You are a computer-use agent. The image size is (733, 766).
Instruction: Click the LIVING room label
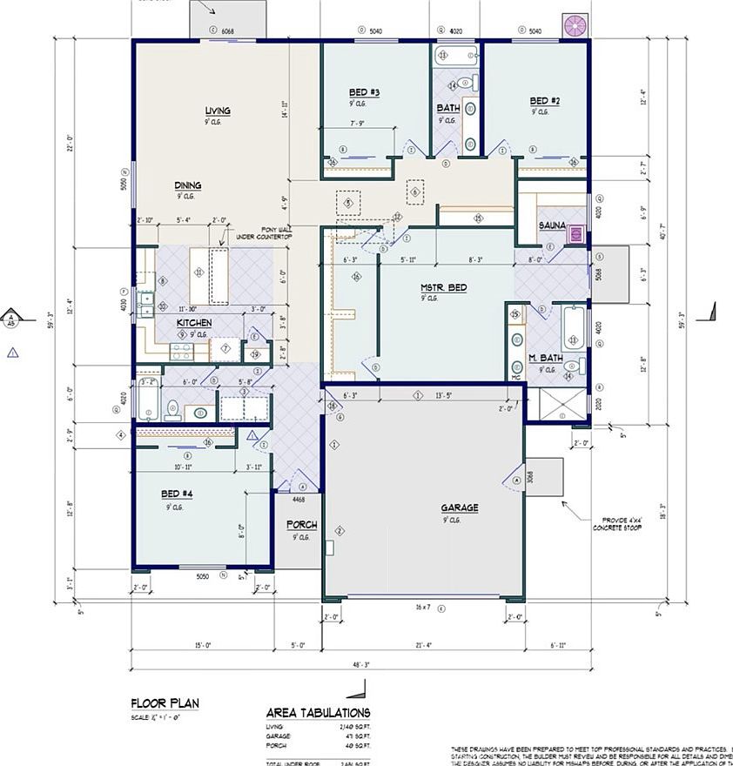click(x=218, y=111)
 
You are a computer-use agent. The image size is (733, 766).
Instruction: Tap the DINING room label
click(x=188, y=185)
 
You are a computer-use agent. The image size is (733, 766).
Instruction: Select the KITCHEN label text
click(x=194, y=323)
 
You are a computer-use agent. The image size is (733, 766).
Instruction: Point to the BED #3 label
click(x=364, y=92)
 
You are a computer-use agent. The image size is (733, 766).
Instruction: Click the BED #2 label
click(x=545, y=101)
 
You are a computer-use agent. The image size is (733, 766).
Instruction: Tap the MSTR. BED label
click(x=443, y=287)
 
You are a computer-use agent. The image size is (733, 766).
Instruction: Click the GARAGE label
click(x=459, y=508)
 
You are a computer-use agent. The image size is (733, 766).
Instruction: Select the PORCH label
click(x=301, y=525)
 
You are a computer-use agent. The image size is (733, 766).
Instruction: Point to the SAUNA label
click(x=552, y=225)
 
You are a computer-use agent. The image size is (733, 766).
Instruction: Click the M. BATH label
click(x=546, y=359)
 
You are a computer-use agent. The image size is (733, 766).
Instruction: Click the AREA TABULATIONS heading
click(x=318, y=713)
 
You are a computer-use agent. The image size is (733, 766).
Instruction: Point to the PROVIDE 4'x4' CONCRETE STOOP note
click(x=616, y=523)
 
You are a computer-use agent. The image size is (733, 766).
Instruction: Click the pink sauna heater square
click(x=575, y=233)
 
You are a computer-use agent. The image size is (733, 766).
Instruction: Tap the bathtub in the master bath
click(x=575, y=327)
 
